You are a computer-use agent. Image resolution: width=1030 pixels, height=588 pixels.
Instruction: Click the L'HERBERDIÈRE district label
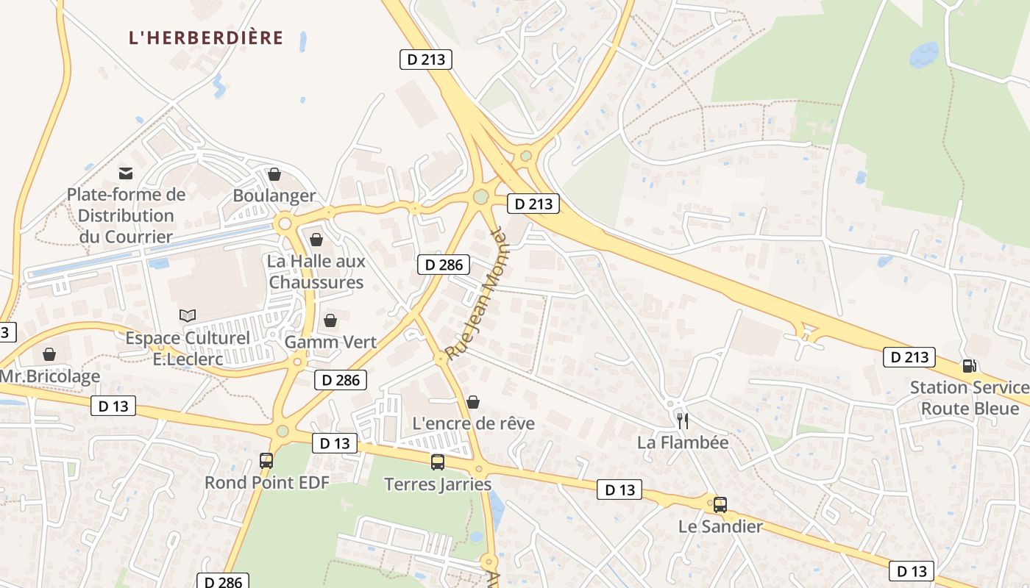pyautogui.click(x=206, y=37)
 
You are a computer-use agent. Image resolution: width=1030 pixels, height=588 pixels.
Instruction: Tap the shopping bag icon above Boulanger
pyautogui.click(x=274, y=174)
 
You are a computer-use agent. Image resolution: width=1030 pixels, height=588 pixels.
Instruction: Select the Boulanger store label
pyautogui.click(x=274, y=196)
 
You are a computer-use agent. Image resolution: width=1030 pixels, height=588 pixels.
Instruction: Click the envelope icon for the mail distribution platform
pyautogui.click(x=126, y=173)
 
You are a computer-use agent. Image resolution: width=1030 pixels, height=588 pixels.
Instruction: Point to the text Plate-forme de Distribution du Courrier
pyautogui.click(x=126, y=215)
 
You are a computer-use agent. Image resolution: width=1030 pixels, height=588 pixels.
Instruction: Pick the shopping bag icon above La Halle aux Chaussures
pyautogui.click(x=316, y=240)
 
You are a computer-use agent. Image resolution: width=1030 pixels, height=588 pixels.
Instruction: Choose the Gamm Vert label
pyautogui.click(x=330, y=342)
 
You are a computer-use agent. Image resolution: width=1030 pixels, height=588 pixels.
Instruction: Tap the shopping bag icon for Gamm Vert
pyautogui.click(x=330, y=320)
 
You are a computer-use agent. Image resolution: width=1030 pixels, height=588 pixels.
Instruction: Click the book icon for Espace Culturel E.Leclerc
pyautogui.click(x=188, y=315)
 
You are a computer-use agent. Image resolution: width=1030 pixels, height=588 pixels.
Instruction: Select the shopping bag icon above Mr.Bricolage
pyautogui.click(x=49, y=355)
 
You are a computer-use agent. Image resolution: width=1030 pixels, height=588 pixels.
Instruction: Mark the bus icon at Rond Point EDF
pyautogui.click(x=266, y=461)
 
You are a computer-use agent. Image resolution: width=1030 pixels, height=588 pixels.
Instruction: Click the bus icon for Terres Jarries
pyautogui.click(x=438, y=462)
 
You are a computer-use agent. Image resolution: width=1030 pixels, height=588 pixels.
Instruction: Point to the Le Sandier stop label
pyautogui.click(x=720, y=526)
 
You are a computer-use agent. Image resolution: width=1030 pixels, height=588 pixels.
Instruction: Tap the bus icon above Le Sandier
pyautogui.click(x=720, y=505)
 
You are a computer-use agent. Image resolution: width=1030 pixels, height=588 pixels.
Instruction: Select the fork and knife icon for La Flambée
pyautogui.click(x=683, y=421)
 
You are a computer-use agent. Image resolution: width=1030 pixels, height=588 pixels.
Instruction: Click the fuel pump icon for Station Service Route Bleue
pyautogui.click(x=970, y=365)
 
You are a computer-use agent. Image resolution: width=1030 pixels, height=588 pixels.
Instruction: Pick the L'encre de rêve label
pyautogui.click(x=473, y=423)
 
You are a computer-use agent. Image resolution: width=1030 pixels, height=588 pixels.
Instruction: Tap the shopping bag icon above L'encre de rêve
pyautogui.click(x=473, y=402)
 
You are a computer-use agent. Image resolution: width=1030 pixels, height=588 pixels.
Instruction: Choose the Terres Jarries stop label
pyautogui.click(x=438, y=484)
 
